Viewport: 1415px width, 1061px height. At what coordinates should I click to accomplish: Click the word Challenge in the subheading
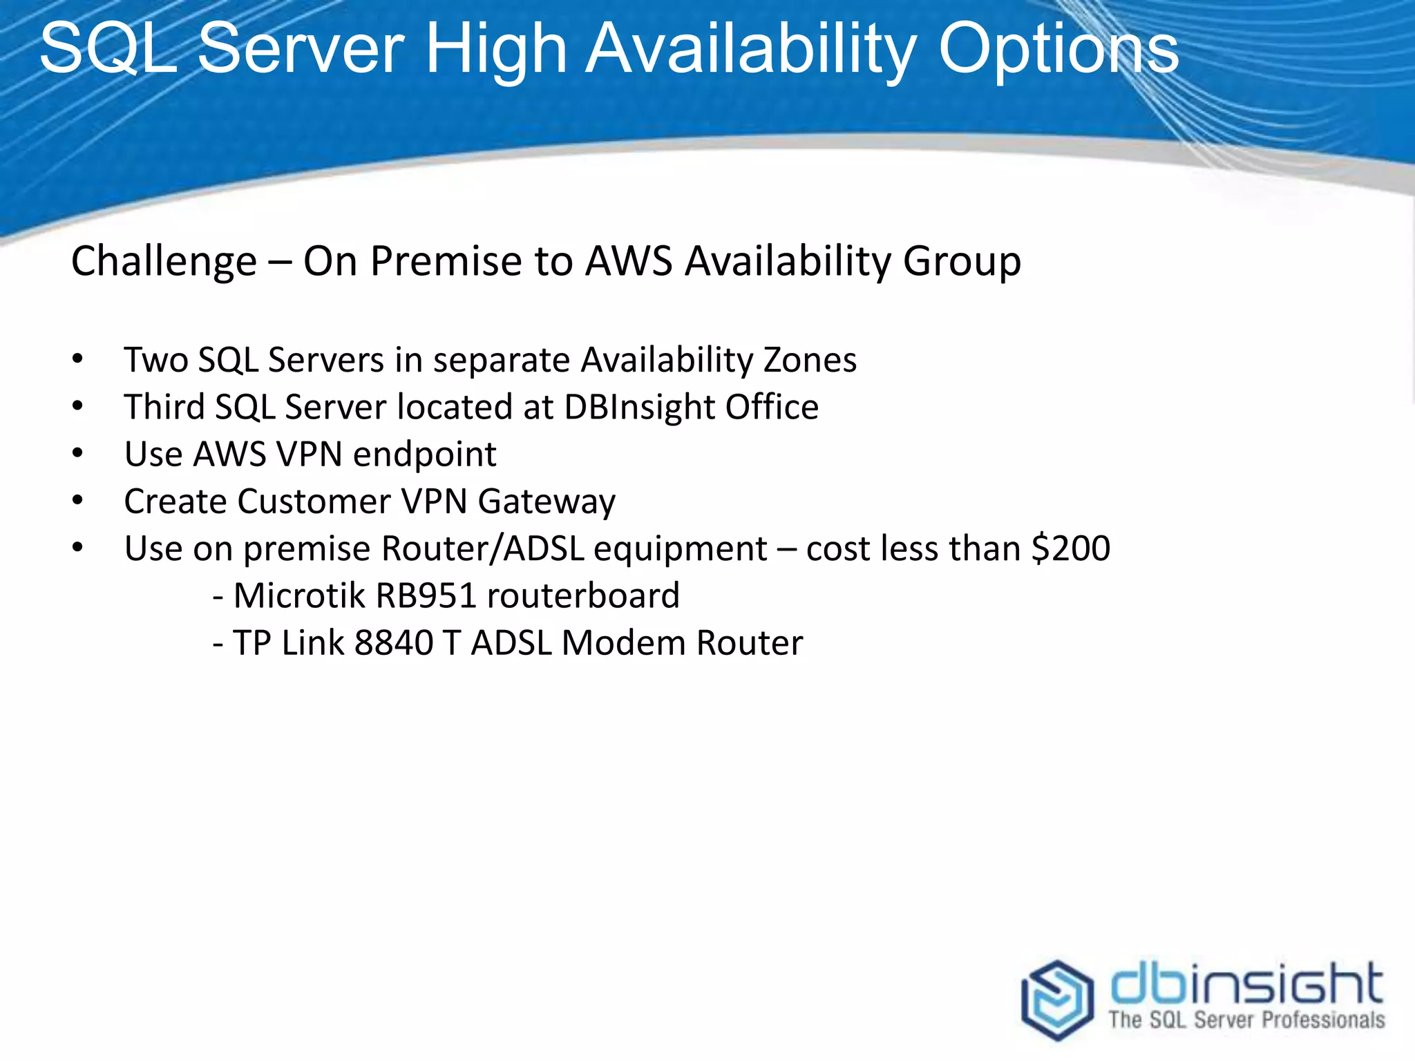coord(164,262)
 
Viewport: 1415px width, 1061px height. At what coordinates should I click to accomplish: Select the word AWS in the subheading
coord(629,262)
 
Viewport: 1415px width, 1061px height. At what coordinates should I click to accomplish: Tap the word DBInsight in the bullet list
coord(639,408)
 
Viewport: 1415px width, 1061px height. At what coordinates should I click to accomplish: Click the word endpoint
coord(424,455)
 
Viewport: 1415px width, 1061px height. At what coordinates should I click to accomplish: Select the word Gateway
coord(546,502)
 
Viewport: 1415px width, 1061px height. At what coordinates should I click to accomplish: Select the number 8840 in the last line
coord(393,643)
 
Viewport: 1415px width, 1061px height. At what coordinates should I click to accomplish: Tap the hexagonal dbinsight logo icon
coord(1057,1000)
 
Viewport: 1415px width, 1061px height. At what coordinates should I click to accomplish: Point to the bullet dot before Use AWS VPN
coord(77,454)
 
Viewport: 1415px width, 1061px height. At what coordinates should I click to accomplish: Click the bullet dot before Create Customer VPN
coord(77,501)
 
